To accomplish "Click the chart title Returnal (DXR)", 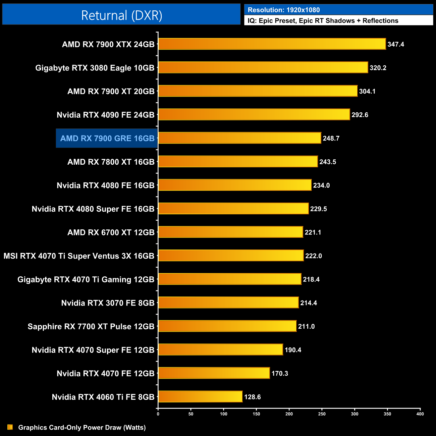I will coord(121,15).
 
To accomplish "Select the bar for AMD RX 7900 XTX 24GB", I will coord(272,44).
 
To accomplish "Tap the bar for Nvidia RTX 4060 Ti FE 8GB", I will coord(200,396).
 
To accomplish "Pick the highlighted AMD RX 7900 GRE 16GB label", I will coord(107,138).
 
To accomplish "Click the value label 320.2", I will coord(378,68).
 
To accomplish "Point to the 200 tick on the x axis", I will coord(289,414).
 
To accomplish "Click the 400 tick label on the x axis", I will coord(420,414).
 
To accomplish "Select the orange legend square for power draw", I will coord(10,427).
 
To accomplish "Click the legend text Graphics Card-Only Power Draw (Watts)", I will coord(82,427).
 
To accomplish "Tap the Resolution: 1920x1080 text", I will coord(284,10).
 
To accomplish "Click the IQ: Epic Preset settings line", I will coord(323,21).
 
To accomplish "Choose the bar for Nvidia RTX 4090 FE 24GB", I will coord(254,114).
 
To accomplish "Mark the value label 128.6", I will coord(253,397).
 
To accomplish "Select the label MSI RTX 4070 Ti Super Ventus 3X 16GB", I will coord(79,256).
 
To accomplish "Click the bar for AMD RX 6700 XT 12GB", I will coord(230,232).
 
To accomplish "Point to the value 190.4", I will coord(293,350).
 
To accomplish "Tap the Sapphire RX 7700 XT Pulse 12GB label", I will coord(91,326).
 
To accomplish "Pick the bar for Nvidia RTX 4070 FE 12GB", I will coord(214,373).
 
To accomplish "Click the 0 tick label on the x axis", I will coord(158,414).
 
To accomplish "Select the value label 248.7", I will coord(331,138).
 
